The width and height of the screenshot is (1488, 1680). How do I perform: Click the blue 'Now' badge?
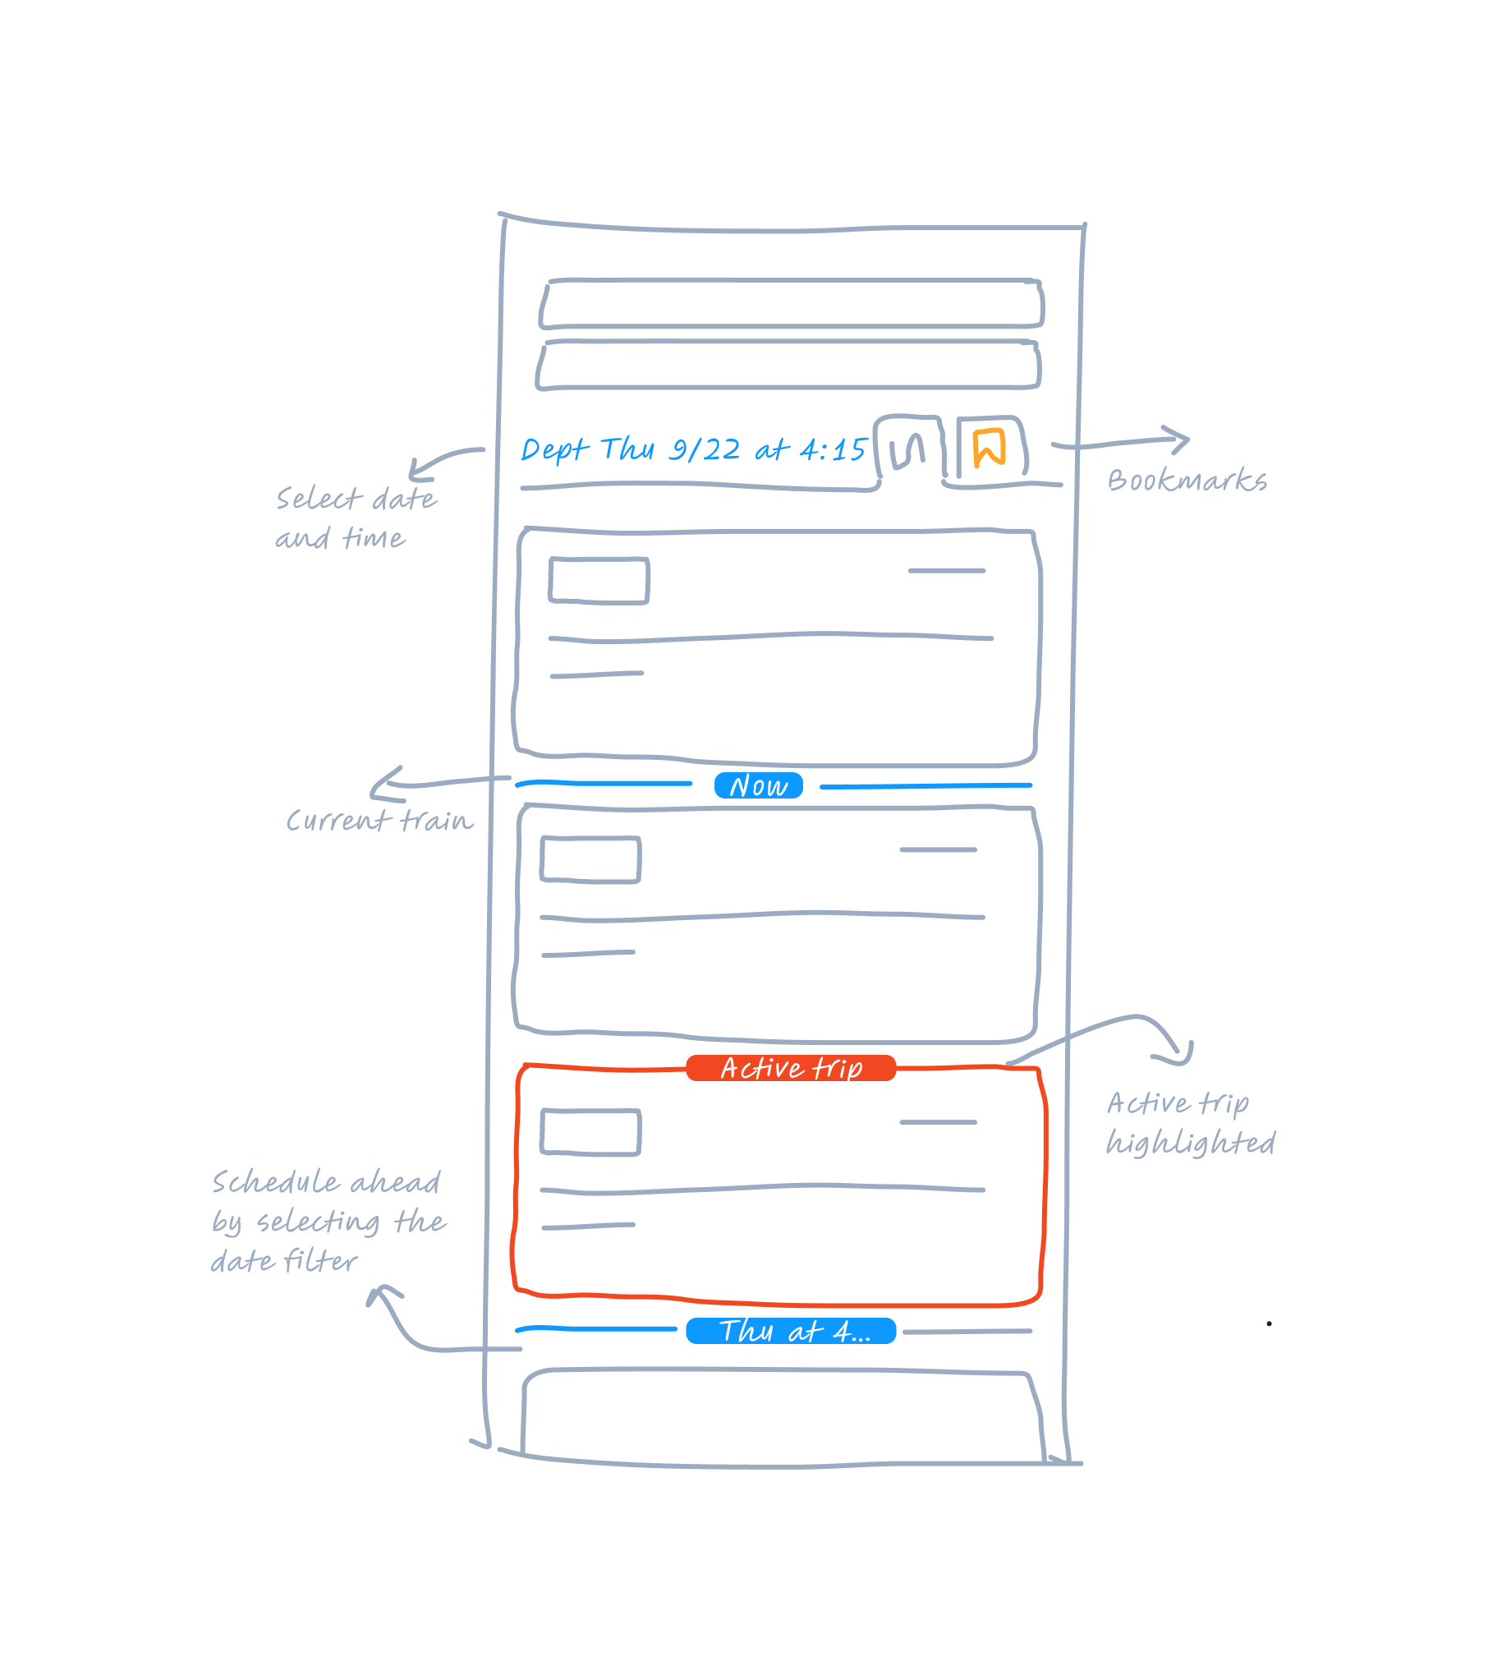[x=758, y=785]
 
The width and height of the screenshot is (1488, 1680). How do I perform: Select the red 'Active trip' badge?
[x=791, y=1068]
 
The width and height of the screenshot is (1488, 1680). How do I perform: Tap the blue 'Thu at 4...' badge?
[x=791, y=1331]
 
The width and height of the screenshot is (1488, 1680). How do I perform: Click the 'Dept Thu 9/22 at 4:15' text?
[x=692, y=449]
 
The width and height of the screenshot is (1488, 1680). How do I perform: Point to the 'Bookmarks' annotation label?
[x=1187, y=481]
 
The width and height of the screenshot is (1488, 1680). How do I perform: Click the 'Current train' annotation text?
[x=379, y=820]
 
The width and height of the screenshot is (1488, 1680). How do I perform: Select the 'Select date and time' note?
[x=355, y=518]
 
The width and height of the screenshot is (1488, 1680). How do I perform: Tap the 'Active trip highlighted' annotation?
[x=1190, y=1123]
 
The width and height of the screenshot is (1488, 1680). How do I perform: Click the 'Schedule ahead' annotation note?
[x=328, y=1222]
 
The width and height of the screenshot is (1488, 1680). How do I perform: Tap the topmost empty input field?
[x=792, y=304]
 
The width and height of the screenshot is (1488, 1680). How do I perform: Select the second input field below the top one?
[x=789, y=364]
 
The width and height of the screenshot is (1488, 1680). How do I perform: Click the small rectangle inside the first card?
[x=599, y=580]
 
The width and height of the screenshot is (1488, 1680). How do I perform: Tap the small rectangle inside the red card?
[x=590, y=1133]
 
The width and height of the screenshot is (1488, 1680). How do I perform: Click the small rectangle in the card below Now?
[x=590, y=860]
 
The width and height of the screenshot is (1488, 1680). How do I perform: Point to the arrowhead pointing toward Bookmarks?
[x=1182, y=440]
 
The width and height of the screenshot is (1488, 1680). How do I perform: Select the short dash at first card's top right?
[x=947, y=570]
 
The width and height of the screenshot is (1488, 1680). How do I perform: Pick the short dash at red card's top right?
[x=939, y=1123]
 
